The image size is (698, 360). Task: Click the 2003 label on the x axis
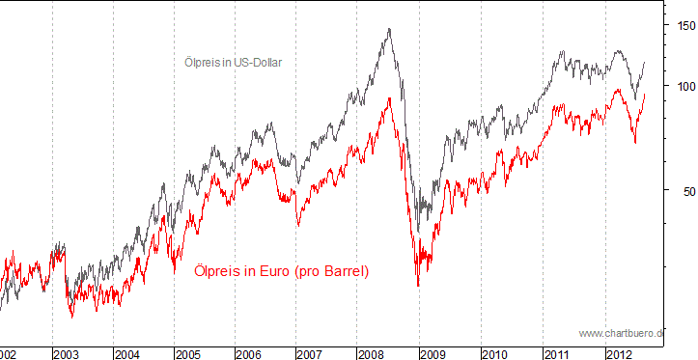point(67,353)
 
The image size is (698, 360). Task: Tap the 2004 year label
point(127,353)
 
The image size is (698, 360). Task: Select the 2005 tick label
point(188,353)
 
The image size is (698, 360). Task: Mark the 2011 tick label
point(557,353)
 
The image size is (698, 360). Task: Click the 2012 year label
point(619,353)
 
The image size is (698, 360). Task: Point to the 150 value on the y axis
point(685,26)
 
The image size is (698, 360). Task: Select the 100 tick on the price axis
point(685,86)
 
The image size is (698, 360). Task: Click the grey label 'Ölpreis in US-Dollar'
point(238,62)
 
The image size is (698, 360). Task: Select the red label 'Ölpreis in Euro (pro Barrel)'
point(281,271)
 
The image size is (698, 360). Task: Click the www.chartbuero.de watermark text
point(623,333)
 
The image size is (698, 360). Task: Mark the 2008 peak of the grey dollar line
point(389,29)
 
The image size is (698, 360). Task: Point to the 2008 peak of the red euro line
point(389,97)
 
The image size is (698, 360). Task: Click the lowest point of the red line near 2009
point(418,286)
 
